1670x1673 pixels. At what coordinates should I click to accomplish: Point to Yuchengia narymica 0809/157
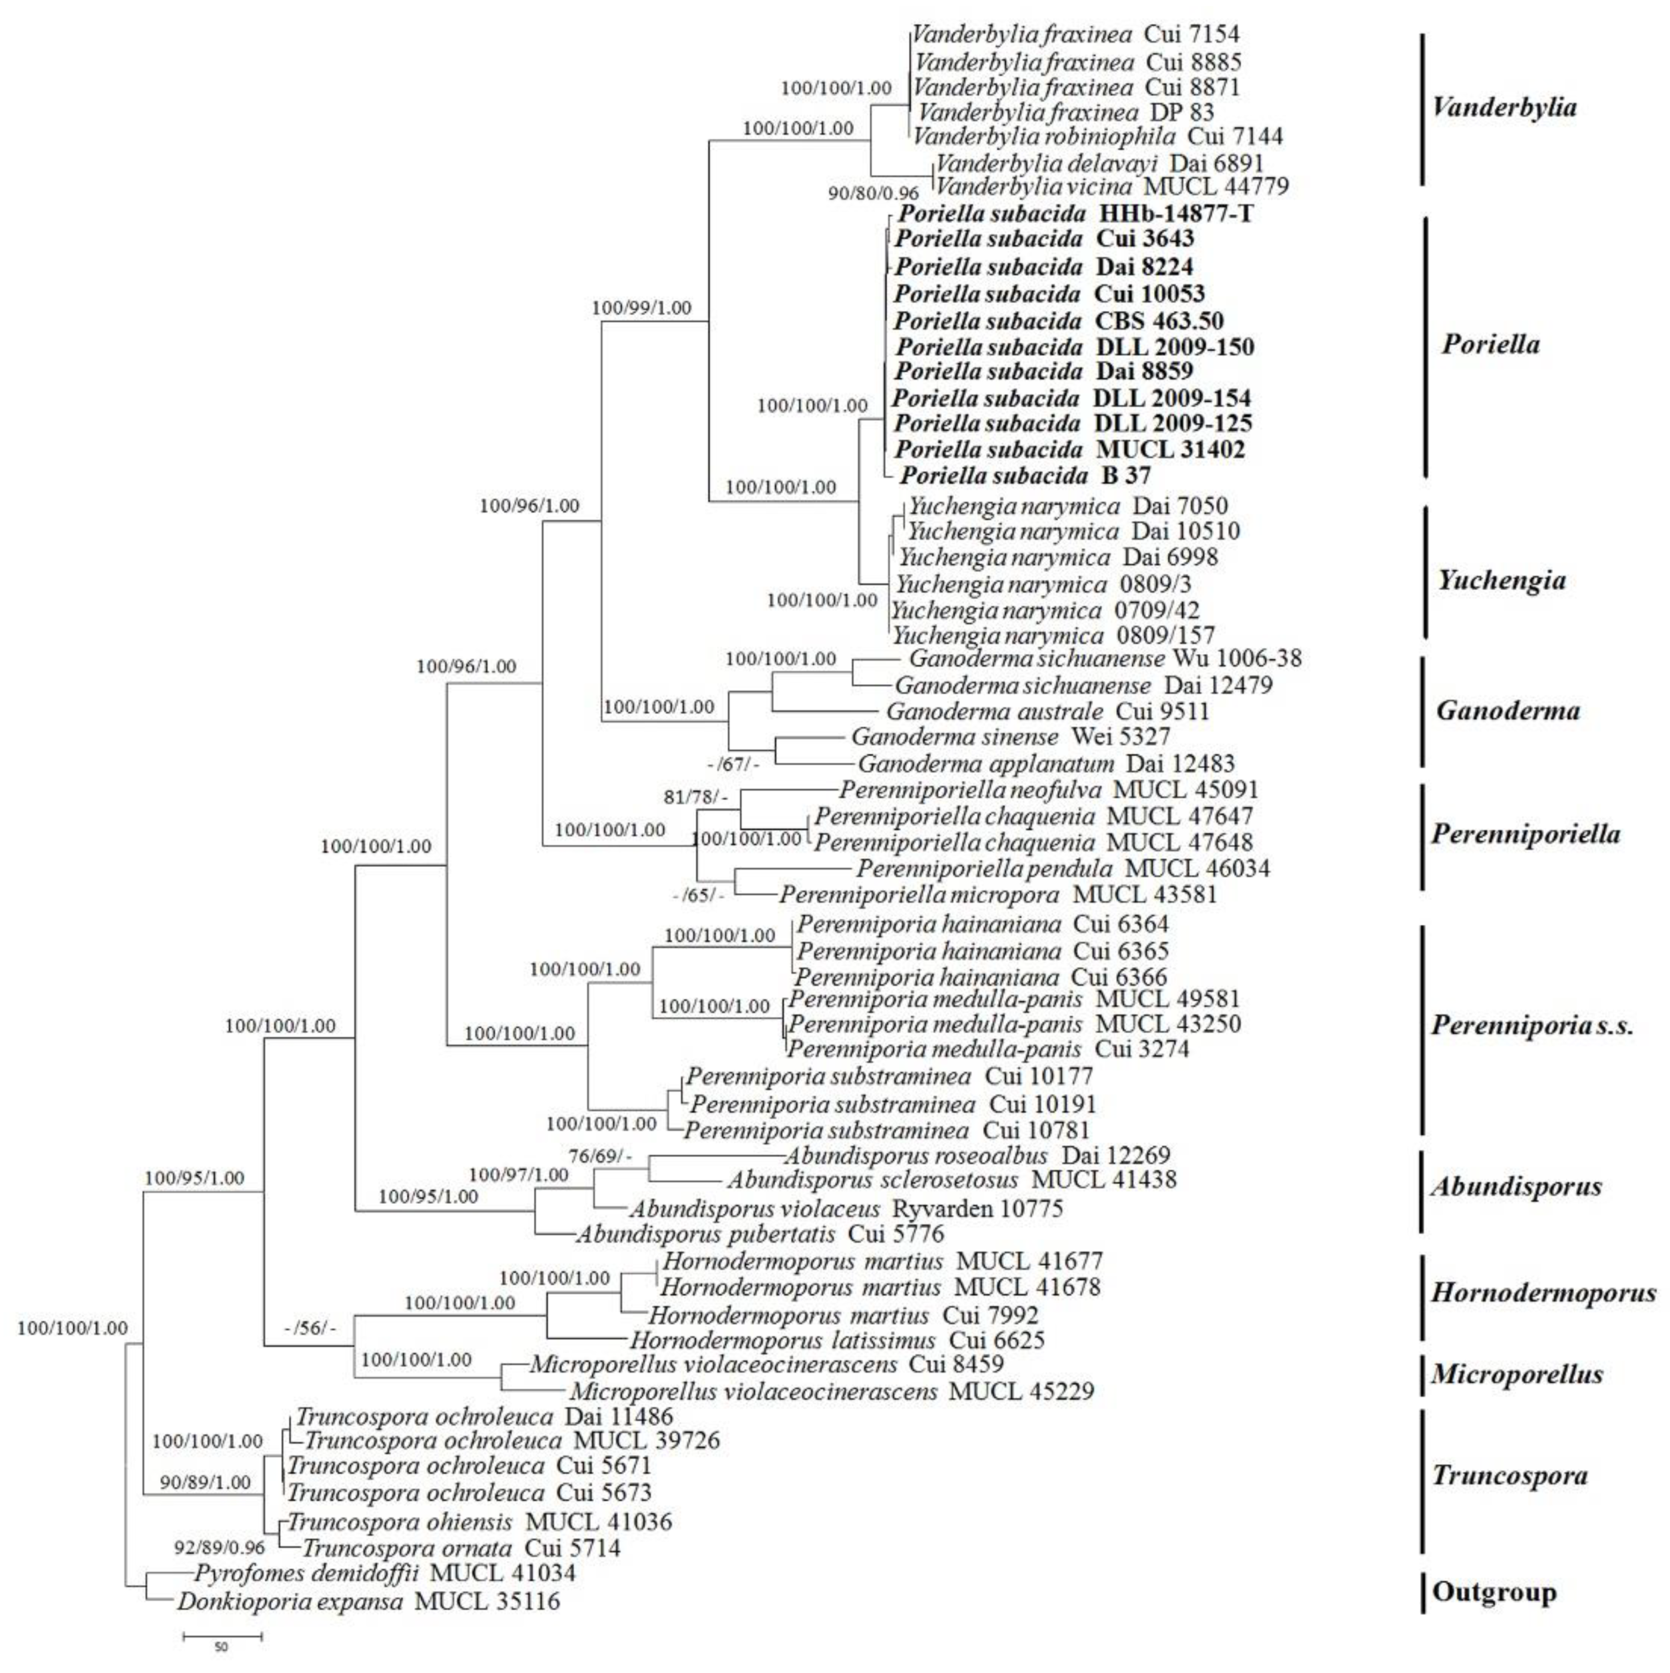click(x=1053, y=635)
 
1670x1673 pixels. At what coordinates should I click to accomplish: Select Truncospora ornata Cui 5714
click(x=462, y=1548)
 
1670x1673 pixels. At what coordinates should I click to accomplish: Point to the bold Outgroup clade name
click(x=1494, y=1592)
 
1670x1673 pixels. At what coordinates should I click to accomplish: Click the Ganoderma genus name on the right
click(x=1507, y=711)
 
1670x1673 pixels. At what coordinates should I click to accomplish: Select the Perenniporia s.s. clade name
click(x=1532, y=1026)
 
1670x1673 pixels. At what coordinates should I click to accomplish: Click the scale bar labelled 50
click(x=222, y=1636)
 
